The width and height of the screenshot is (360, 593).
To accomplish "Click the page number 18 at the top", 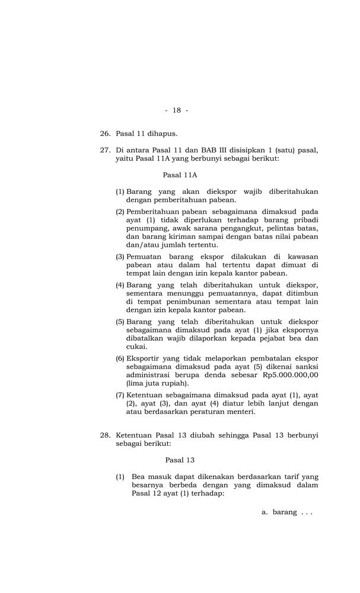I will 177,110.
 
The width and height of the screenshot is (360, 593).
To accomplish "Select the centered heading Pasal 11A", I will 180,175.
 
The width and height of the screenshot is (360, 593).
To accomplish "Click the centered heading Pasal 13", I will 180,460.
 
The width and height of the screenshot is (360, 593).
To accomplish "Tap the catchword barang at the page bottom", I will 284,512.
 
